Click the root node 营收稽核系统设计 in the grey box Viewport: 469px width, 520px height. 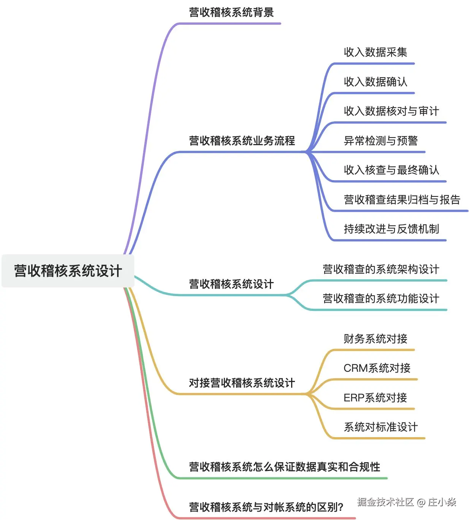click(x=68, y=271)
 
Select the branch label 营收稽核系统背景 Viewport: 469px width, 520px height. click(x=231, y=13)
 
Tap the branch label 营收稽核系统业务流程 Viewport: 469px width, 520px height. click(x=242, y=141)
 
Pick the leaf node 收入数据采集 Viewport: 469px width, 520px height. click(x=375, y=52)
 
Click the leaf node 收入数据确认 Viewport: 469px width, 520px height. click(x=375, y=82)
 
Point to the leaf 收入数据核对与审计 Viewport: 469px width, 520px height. click(x=391, y=111)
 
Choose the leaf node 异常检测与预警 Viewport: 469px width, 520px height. click(x=380, y=141)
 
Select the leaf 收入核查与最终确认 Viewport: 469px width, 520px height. click(x=391, y=170)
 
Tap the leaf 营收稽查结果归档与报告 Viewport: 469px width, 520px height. click(x=402, y=200)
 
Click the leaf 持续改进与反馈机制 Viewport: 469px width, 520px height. click(x=391, y=229)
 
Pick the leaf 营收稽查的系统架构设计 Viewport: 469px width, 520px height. click(x=381, y=270)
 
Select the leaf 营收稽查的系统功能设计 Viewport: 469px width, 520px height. click(x=381, y=299)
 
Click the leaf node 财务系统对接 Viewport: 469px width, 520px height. click(x=375, y=339)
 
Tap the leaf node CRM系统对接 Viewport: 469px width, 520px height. click(x=377, y=368)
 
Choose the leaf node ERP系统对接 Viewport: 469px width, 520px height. click(x=375, y=398)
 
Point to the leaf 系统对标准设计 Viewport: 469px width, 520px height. click(x=380, y=427)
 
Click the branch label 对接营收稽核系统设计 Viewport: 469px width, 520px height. click(x=242, y=383)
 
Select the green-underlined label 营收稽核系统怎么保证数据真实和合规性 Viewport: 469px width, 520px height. click(x=284, y=467)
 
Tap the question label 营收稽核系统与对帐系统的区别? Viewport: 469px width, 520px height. click(x=266, y=507)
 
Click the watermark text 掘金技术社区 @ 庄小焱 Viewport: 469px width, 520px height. click(x=406, y=502)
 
